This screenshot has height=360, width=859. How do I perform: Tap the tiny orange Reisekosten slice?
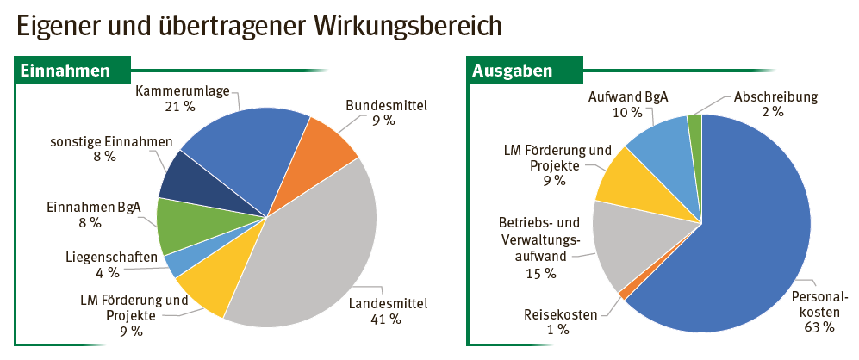pyautogui.click(x=623, y=294)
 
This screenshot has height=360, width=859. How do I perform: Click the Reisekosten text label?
pyautogui.click(x=561, y=314)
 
